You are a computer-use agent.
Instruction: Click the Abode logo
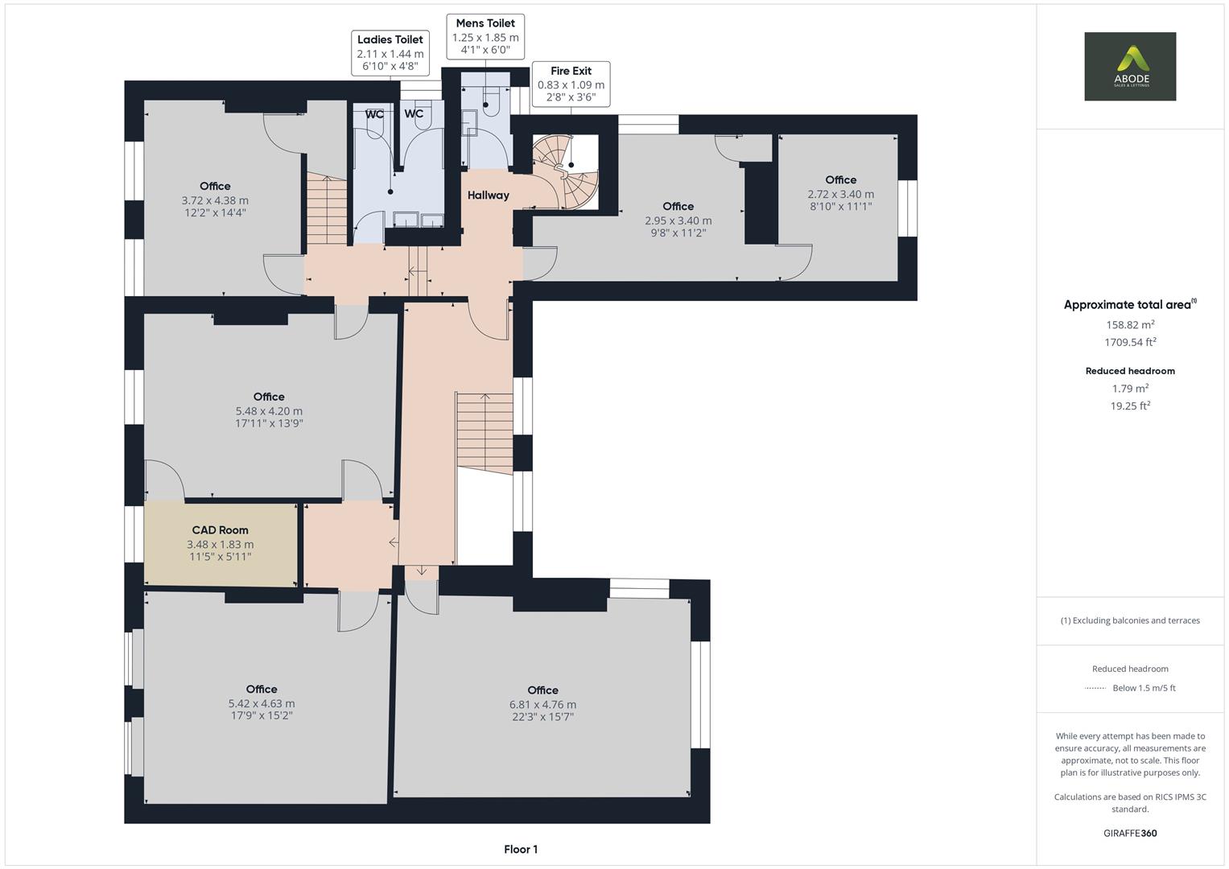click(1129, 67)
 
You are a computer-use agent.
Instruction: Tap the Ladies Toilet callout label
click(390, 53)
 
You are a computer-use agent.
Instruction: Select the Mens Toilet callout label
click(485, 36)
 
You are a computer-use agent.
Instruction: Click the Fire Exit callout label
click(571, 84)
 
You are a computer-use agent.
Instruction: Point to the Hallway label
click(488, 195)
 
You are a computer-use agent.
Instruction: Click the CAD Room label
click(220, 530)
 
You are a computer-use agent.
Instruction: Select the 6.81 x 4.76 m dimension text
click(542, 704)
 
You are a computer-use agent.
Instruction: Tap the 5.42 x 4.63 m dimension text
click(262, 703)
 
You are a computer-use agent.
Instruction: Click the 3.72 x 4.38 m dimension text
click(215, 200)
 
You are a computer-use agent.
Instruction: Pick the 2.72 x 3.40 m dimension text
click(840, 194)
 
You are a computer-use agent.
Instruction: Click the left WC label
click(374, 114)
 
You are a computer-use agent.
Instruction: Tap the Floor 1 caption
click(521, 849)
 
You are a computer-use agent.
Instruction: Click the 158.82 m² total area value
click(1130, 324)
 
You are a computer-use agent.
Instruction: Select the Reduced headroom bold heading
click(1130, 371)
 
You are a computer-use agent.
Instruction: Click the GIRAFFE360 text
click(1130, 833)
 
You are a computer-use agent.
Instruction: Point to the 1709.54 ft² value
click(1130, 342)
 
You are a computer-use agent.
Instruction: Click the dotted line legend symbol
click(1095, 688)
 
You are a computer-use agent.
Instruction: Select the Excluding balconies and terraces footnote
click(1130, 620)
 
